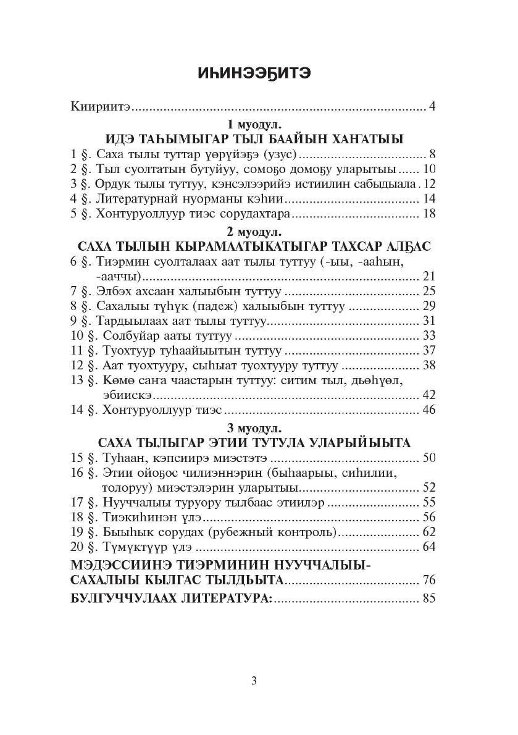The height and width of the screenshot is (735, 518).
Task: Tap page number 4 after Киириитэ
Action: tap(433, 107)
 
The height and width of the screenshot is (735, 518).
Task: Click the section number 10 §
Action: tap(81, 336)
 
